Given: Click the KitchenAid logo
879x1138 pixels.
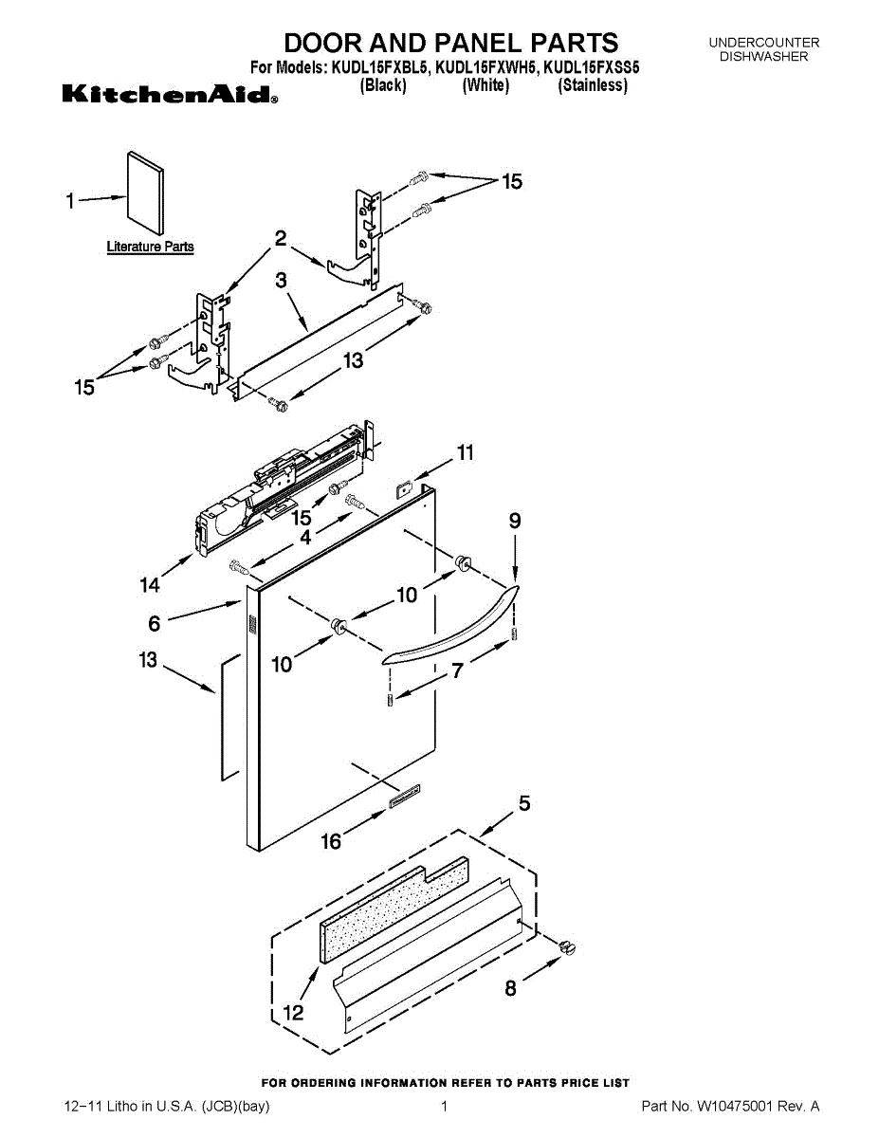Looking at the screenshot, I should click(170, 95).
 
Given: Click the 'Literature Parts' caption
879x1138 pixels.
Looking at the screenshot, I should click(150, 247).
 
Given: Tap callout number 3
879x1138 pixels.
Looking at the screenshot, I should click(282, 281).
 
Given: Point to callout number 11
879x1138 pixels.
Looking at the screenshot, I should click(465, 453).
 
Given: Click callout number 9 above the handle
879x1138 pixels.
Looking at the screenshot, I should click(515, 521).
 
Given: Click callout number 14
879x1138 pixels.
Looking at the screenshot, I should click(150, 585).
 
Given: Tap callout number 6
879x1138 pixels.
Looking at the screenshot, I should click(154, 623).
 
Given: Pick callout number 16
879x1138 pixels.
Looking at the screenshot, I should click(331, 840).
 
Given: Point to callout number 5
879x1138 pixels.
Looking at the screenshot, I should click(523, 804).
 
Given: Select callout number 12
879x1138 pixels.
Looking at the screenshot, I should click(294, 1013).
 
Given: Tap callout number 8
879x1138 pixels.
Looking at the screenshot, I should click(511, 988).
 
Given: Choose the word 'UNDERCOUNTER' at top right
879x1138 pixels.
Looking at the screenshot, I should click(763, 43).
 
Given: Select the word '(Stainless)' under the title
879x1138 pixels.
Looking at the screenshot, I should click(593, 85).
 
